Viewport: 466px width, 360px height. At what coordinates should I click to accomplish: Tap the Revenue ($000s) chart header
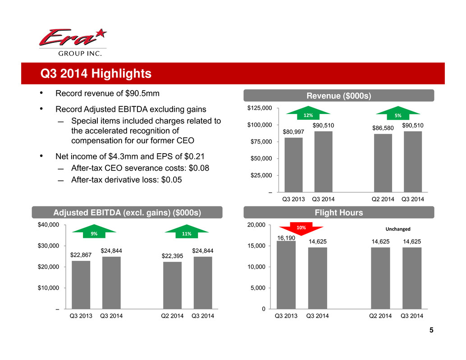tap(338, 96)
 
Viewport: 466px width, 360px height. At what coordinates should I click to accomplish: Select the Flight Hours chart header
tap(338, 213)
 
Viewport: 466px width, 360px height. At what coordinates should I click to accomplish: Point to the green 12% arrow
tap(308, 115)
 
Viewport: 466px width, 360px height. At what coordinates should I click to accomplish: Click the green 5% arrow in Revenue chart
tap(398, 115)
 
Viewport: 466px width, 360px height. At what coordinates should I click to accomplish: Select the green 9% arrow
tap(94, 233)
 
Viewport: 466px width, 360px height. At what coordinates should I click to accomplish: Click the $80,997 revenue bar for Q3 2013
tap(293, 165)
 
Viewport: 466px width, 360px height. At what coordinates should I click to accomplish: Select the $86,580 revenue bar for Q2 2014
tap(383, 163)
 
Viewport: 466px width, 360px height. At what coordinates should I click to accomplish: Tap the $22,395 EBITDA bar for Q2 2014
tap(172, 285)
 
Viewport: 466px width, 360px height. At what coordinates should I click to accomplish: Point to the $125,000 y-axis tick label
tap(259, 108)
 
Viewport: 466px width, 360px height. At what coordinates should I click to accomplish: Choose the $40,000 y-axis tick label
tap(49, 225)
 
